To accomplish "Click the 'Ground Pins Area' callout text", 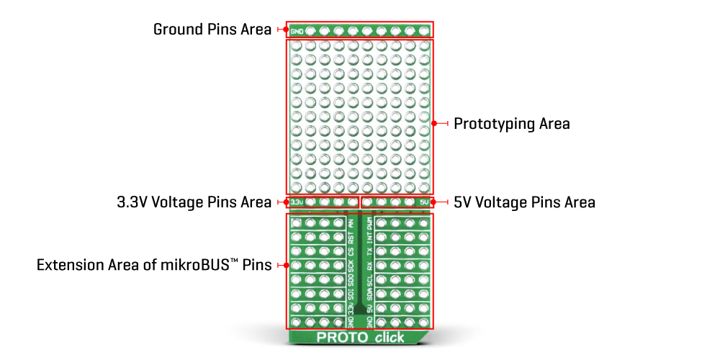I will pos(212,30).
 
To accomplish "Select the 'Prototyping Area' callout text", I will pos(511,124).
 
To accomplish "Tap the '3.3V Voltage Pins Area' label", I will pos(194,202).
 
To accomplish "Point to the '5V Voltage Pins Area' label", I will pos(524,202).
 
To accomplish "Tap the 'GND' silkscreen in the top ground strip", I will pos(297,31).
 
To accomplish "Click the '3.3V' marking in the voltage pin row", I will pos(297,202).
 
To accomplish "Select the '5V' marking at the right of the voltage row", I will pos(424,202).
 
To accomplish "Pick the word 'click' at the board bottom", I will pos(388,338).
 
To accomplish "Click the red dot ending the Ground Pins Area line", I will pos(279,30).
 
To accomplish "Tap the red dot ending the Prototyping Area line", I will pos(435,124).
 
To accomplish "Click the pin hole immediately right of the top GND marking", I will pos(310,31).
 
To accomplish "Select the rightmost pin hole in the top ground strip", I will pos(424,31).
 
